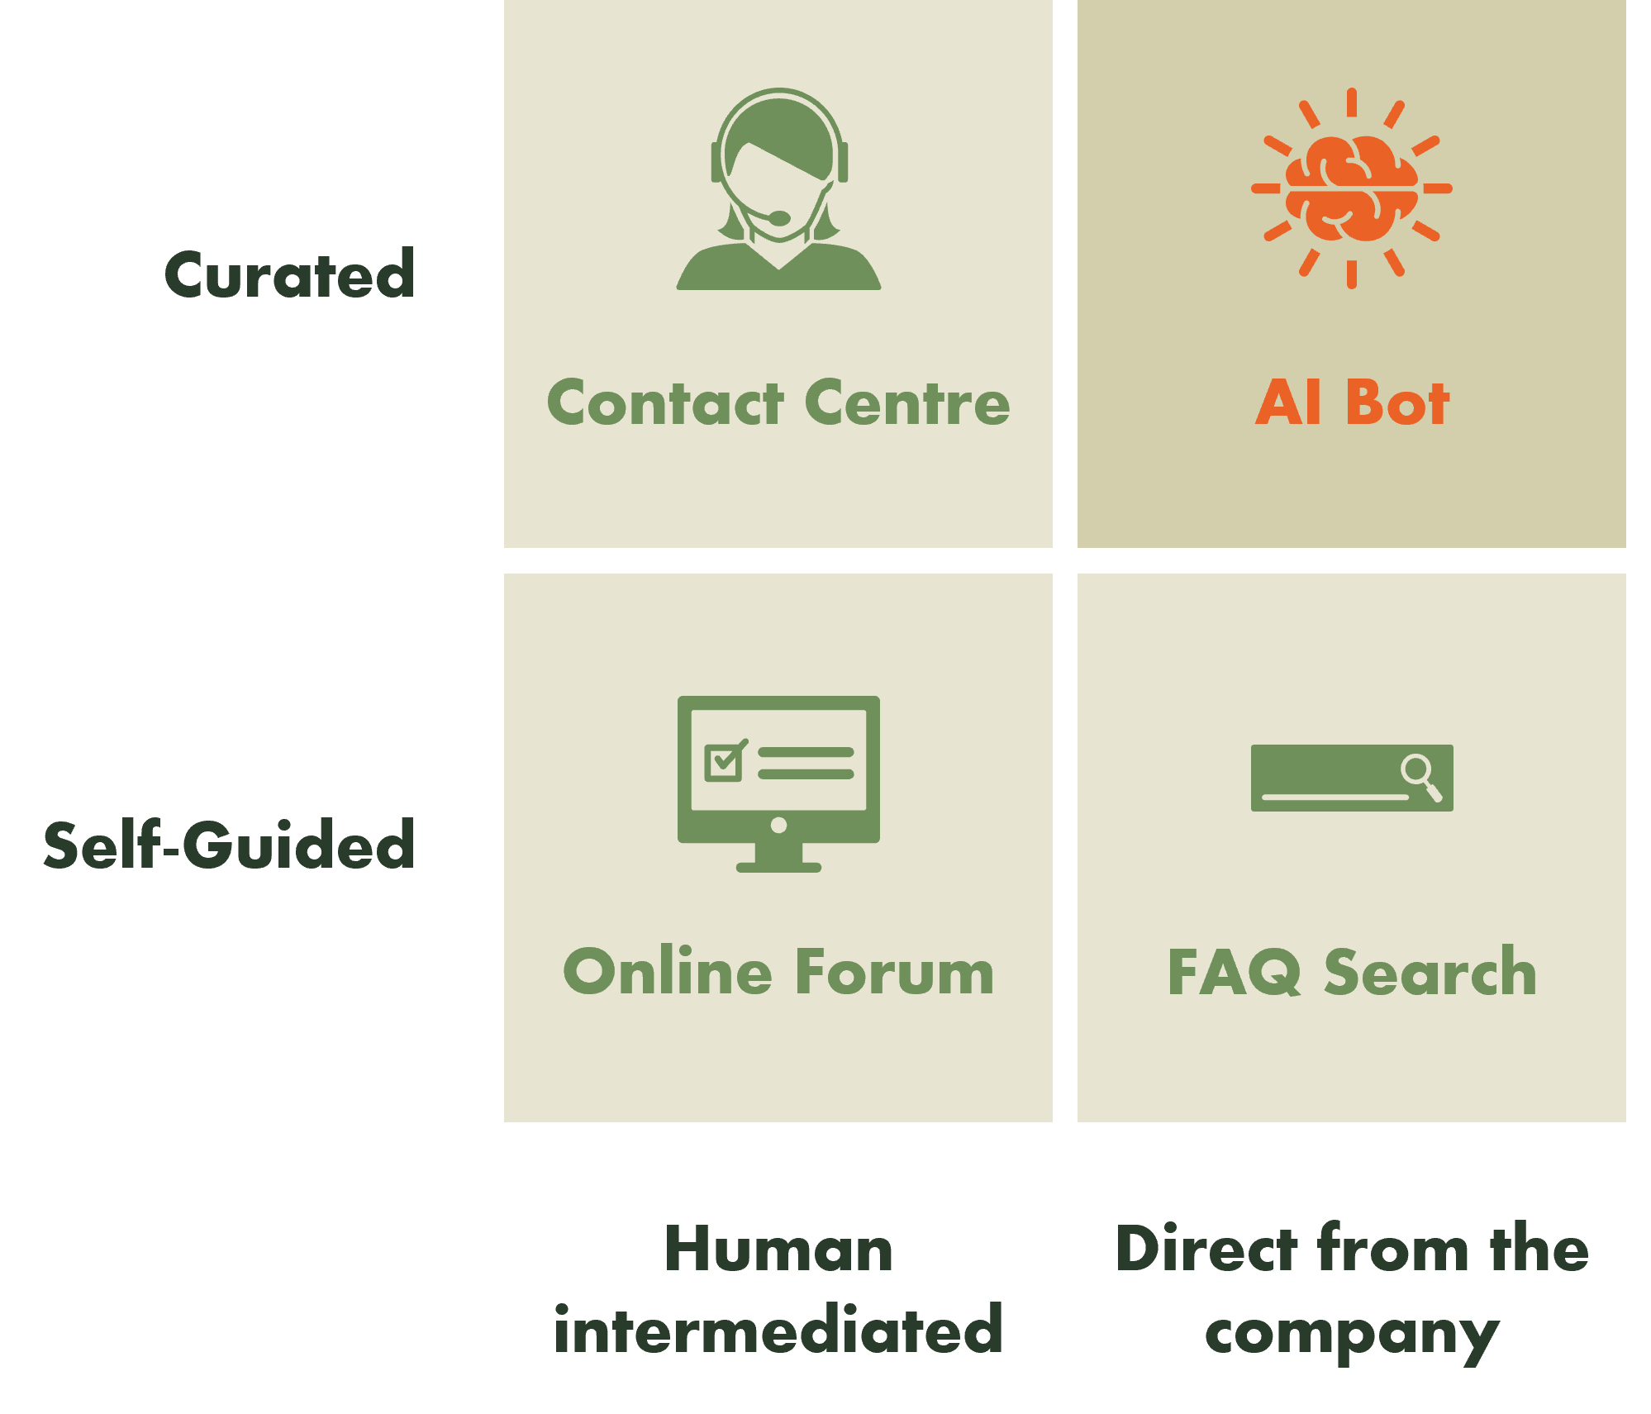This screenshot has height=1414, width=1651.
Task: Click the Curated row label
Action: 288,276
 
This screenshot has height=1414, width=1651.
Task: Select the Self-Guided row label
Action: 227,847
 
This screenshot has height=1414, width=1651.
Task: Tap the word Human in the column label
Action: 778,1250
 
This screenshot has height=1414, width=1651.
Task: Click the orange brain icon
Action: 1352,189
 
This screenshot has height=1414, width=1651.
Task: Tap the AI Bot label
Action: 1352,403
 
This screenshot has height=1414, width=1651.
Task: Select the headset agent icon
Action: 778,189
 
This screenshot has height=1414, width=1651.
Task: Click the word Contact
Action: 665,403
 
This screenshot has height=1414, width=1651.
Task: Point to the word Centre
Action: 907,403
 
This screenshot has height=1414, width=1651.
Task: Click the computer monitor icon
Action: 778,783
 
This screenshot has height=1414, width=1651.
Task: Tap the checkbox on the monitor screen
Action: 725,762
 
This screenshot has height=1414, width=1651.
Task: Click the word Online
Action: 668,972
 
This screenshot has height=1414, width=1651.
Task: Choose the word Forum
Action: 895,972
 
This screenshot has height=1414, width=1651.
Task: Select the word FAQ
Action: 1234,973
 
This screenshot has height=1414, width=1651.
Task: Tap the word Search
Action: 1430,972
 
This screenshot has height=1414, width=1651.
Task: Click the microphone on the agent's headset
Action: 778,218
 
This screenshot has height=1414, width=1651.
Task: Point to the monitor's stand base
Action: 778,867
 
